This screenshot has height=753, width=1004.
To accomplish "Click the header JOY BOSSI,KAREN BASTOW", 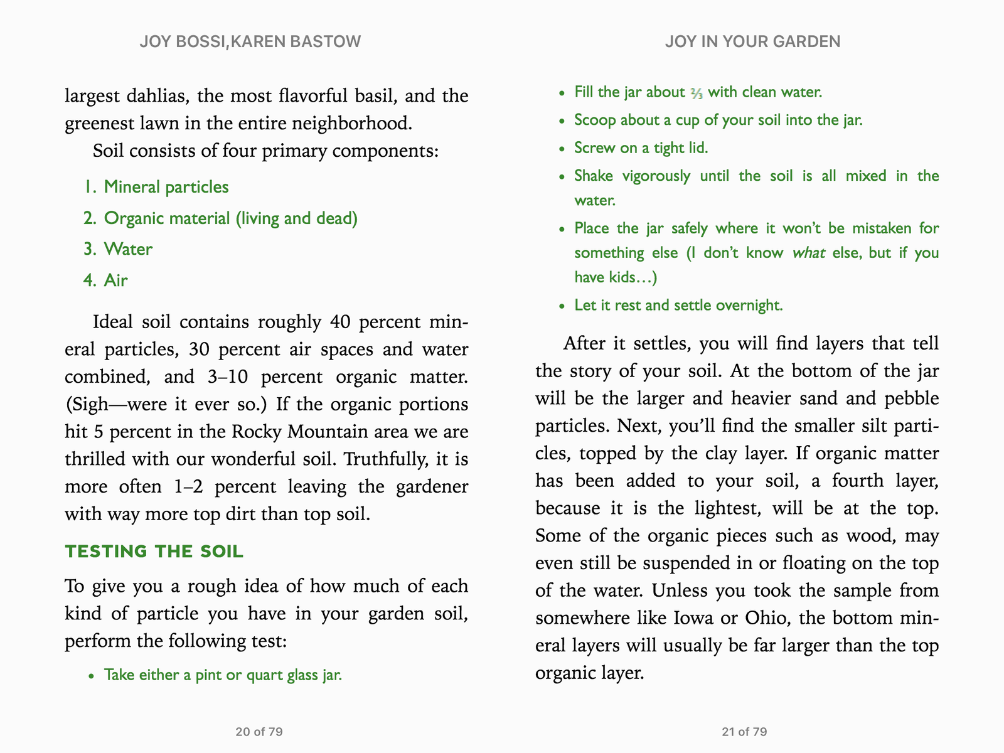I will click(250, 41).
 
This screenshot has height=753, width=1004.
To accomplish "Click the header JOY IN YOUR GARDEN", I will click(752, 41).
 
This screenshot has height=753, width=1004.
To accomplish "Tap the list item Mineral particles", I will click(166, 187).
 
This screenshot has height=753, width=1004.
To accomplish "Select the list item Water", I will click(128, 249).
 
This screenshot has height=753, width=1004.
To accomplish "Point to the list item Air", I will click(115, 280).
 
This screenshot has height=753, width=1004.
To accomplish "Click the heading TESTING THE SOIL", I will click(154, 552).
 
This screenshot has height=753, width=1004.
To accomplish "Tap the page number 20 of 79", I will click(259, 732).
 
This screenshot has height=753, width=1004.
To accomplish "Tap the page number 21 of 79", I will click(744, 732).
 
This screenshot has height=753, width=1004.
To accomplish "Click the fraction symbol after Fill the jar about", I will click(696, 93).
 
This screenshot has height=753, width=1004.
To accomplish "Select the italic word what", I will click(808, 253).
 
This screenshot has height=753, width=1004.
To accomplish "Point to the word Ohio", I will click(765, 618).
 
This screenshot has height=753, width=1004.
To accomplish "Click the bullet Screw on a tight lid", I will click(641, 148).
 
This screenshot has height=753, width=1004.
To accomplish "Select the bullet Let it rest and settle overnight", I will click(678, 306).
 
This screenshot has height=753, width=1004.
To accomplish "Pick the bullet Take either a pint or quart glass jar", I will click(223, 675).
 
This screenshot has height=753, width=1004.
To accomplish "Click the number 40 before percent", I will click(339, 323).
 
